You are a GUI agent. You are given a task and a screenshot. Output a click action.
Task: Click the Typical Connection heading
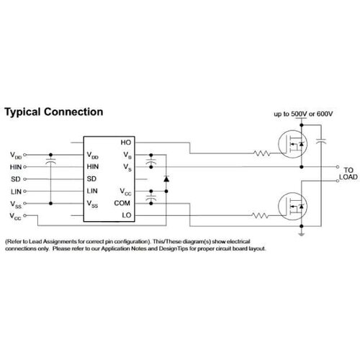click(x=54, y=112)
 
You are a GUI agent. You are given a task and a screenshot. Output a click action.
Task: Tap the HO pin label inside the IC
click(x=126, y=143)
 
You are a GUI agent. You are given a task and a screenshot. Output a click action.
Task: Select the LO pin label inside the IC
click(x=127, y=215)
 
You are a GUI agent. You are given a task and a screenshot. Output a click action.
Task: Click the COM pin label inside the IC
click(x=122, y=203)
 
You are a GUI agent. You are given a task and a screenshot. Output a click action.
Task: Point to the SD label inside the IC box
click(x=91, y=179)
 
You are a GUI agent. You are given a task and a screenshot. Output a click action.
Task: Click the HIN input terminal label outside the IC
click(x=16, y=167)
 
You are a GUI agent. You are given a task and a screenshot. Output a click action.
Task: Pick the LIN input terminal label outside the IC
click(x=16, y=192)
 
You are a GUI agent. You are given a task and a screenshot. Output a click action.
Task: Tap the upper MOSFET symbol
click(x=292, y=144)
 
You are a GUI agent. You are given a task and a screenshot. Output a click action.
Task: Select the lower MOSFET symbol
click(x=292, y=207)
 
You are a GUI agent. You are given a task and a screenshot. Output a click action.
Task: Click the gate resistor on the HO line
click(x=261, y=153)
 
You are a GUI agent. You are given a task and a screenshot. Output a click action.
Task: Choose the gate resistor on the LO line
click(x=260, y=215)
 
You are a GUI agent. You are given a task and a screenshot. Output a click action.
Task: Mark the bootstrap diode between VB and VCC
click(x=166, y=179)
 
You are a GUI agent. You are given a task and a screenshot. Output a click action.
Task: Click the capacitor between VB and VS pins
click(x=151, y=161)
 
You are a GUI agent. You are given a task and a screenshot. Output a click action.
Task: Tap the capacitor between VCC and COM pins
click(x=151, y=197)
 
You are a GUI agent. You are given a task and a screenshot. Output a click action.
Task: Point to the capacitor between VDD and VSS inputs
click(x=50, y=161)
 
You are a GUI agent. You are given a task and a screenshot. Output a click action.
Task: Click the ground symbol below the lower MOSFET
click(x=302, y=234)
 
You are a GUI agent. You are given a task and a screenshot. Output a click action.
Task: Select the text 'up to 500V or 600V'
click(x=303, y=114)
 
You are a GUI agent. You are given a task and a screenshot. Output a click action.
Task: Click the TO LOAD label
click(x=348, y=174)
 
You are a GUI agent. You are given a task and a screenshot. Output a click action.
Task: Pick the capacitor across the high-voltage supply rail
click(x=321, y=141)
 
